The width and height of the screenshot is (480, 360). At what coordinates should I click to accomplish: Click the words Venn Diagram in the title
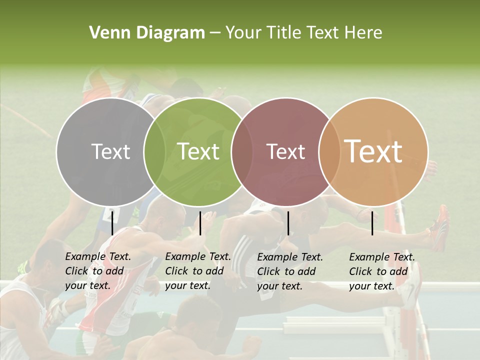tap(147, 33)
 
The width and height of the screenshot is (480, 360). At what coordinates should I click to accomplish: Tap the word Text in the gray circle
tap(110, 151)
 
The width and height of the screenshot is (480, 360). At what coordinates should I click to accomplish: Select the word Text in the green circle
tap(198, 151)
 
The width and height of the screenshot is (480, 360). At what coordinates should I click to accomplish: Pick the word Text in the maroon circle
tap(285, 151)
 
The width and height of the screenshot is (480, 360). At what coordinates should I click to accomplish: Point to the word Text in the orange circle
tap(373, 151)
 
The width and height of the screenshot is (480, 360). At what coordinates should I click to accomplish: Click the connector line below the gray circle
tap(112, 223)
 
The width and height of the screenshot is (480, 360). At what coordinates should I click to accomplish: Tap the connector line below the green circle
tap(200, 223)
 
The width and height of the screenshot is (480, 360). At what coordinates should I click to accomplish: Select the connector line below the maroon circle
tap(288, 223)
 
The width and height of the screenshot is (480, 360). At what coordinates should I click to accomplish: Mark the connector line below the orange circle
tap(372, 223)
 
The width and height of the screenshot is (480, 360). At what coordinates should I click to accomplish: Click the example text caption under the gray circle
tap(98, 271)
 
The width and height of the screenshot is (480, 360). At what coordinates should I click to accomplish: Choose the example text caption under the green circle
tap(198, 271)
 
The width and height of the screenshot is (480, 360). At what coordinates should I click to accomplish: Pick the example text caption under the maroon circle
tap(290, 271)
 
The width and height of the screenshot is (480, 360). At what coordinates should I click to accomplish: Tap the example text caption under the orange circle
tap(382, 271)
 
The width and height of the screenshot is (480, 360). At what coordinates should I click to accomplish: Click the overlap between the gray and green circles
tap(154, 151)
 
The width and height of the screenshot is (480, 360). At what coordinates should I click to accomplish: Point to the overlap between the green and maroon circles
tap(242, 151)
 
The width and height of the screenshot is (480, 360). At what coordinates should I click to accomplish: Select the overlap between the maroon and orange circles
tap(326, 151)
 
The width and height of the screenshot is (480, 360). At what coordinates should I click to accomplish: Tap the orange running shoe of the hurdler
tap(440, 227)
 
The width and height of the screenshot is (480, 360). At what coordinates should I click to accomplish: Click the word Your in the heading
tap(243, 33)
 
